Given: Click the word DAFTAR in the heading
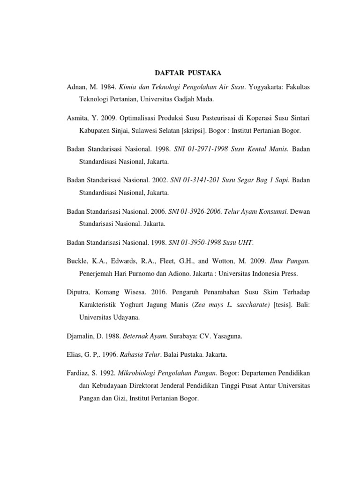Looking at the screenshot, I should pos(170,73).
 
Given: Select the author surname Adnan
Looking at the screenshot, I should pos(77,88).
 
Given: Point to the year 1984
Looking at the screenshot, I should pos(112,88).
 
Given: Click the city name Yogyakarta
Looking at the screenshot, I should pos(266,88).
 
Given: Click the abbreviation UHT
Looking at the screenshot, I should pos(245,242).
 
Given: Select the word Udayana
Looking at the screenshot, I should pos(123,316).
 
